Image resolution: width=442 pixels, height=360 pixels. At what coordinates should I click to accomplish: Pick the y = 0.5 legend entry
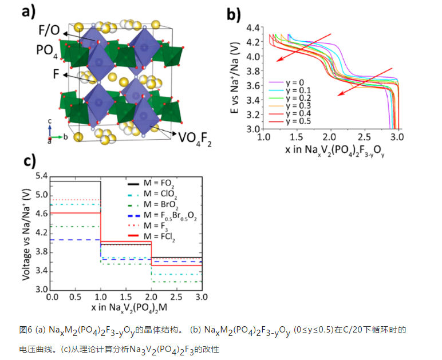[295, 121]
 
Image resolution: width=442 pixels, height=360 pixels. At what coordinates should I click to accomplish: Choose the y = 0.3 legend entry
[295, 105]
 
